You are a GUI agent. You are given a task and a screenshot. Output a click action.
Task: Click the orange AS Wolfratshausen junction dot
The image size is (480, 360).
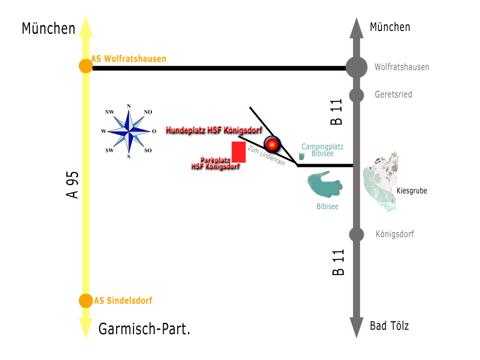point(86,66)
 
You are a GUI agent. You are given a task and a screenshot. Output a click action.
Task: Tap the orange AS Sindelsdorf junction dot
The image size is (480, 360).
point(86,301)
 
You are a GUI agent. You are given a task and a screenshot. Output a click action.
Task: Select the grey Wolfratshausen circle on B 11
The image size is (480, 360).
point(356,67)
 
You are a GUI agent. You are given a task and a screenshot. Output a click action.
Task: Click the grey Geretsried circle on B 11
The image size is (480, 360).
point(356,95)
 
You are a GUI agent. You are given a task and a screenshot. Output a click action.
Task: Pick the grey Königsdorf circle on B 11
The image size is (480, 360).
point(356,234)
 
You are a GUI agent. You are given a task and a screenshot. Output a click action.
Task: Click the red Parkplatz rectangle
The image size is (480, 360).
point(239,151)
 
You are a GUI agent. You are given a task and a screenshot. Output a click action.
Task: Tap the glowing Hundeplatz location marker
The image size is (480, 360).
point(272,143)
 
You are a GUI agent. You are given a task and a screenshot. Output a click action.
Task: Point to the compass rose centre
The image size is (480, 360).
point(129,131)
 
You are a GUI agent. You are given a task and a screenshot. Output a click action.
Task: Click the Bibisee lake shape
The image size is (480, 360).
point(325,186)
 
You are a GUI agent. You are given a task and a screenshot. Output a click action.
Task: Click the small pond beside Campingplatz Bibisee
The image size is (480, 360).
point(302,157)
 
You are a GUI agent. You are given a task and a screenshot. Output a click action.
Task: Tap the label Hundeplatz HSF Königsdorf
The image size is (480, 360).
point(214,130)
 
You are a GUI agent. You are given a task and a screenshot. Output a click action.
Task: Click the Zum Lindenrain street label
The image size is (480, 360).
point(266,156)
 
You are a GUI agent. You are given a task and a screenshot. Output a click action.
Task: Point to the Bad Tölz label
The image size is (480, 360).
point(389,326)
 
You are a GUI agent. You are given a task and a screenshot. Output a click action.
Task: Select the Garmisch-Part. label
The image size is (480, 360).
point(144,329)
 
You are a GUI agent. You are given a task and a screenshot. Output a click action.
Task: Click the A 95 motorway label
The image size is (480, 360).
point(73,185)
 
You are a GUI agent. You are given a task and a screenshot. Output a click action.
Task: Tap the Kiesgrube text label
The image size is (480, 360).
point(412,191)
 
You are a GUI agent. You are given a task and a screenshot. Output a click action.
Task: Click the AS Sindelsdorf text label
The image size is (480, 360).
point(123,301)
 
